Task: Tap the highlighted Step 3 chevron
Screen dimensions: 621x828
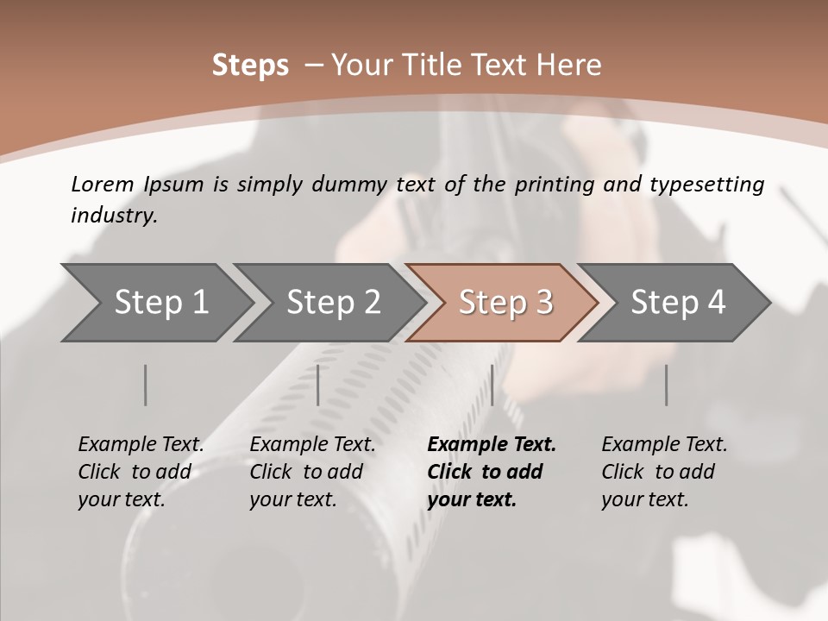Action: pyautogui.click(x=505, y=303)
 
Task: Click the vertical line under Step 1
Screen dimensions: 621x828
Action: pyautogui.click(x=146, y=385)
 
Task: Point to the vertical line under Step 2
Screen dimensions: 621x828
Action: pyautogui.click(x=318, y=385)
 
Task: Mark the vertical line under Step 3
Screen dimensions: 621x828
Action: pyautogui.click(x=492, y=385)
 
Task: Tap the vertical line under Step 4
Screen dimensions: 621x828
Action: pyautogui.click(x=667, y=385)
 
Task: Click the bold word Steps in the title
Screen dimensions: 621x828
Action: pyautogui.click(x=250, y=66)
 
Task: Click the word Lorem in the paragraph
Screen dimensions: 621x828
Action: pyautogui.click(x=103, y=185)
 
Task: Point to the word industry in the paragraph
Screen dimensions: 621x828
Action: pyautogui.click(x=114, y=216)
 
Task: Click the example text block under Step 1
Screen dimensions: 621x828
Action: pyautogui.click(x=141, y=472)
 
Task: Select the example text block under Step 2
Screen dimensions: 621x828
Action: pyautogui.click(x=312, y=472)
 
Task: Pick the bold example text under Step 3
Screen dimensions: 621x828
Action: pyautogui.click(x=492, y=472)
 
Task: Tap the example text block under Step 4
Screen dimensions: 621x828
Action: pyautogui.click(x=664, y=472)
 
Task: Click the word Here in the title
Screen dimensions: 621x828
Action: pyautogui.click(x=570, y=66)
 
